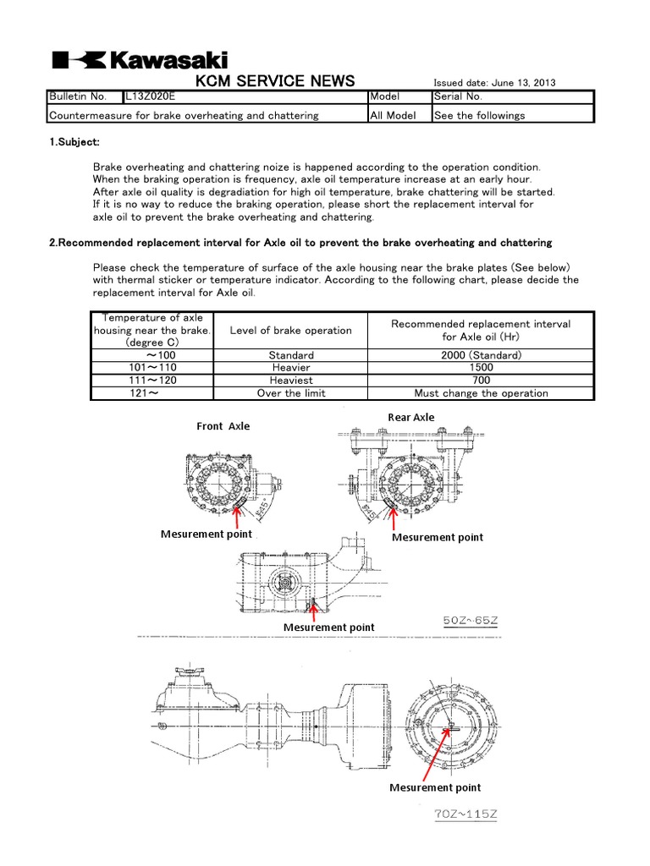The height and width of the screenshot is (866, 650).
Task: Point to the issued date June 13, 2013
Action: [x=494, y=83]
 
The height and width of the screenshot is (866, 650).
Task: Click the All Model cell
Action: [x=393, y=115]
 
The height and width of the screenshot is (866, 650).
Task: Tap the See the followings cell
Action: [x=479, y=115]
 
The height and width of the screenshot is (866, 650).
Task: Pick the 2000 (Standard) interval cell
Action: [x=481, y=355]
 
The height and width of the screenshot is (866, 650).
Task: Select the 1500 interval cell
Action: [x=481, y=368]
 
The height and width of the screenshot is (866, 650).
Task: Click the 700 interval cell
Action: [x=481, y=381]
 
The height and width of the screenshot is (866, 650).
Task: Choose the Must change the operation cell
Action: [x=481, y=393]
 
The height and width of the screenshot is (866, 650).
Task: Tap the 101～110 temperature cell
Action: [x=154, y=368]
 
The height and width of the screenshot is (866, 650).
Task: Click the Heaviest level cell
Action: [x=291, y=381]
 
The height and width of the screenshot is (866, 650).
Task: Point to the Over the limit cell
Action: [x=291, y=393]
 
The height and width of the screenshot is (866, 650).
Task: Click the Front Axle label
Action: [x=223, y=426]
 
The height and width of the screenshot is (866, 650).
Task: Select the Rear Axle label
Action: [x=411, y=417]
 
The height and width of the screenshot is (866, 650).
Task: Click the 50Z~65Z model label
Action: [x=471, y=622]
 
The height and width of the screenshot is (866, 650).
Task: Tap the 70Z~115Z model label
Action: [x=466, y=814]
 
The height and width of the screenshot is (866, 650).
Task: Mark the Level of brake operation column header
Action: [x=291, y=330]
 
